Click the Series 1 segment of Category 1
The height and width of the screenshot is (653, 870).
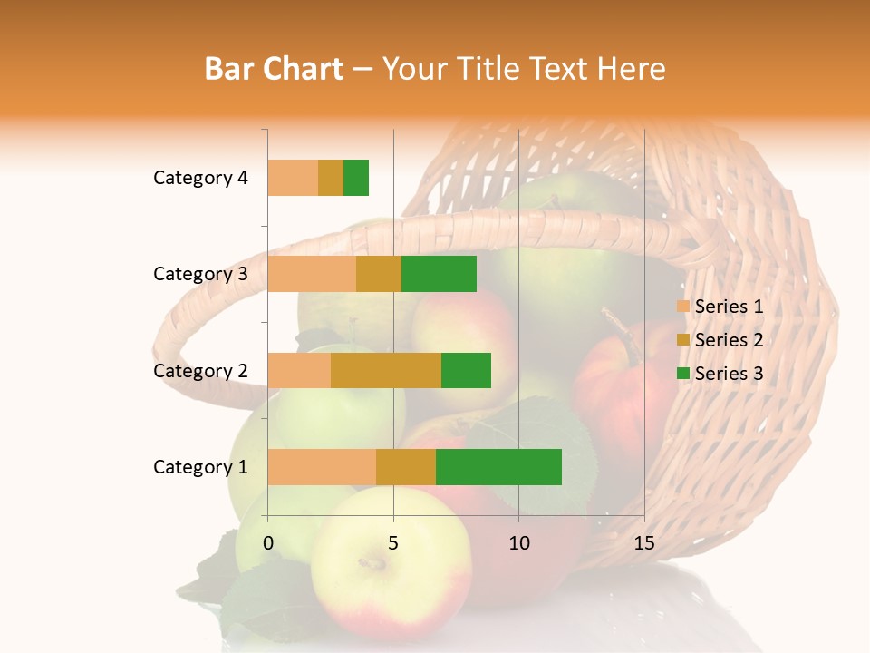(322, 467)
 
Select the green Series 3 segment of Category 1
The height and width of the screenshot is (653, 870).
(498, 467)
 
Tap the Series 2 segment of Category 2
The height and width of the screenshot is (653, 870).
(386, 370)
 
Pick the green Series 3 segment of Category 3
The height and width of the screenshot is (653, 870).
(439, 274)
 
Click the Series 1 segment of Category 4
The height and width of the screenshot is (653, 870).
(293, 178)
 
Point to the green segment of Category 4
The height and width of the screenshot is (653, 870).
(356, 178)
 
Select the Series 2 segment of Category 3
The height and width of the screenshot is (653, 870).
(379, 274)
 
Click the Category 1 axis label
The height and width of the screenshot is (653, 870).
(200, 467)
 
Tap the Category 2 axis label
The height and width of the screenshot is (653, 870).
(200, 371)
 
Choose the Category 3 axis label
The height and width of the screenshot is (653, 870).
(200, 274)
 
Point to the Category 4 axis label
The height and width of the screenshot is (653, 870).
(200, 178)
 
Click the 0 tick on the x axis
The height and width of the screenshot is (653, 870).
(268, 543)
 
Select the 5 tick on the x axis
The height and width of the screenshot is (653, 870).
(393, 543)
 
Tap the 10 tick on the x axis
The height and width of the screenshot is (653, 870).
(518, 543)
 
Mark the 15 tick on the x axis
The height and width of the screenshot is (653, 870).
(644, 543)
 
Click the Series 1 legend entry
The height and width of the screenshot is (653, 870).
(720, 307)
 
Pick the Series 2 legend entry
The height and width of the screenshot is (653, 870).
(720, 340)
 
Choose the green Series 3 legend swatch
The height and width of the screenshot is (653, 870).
(683, 373)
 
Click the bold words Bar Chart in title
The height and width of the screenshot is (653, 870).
(274, 69)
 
